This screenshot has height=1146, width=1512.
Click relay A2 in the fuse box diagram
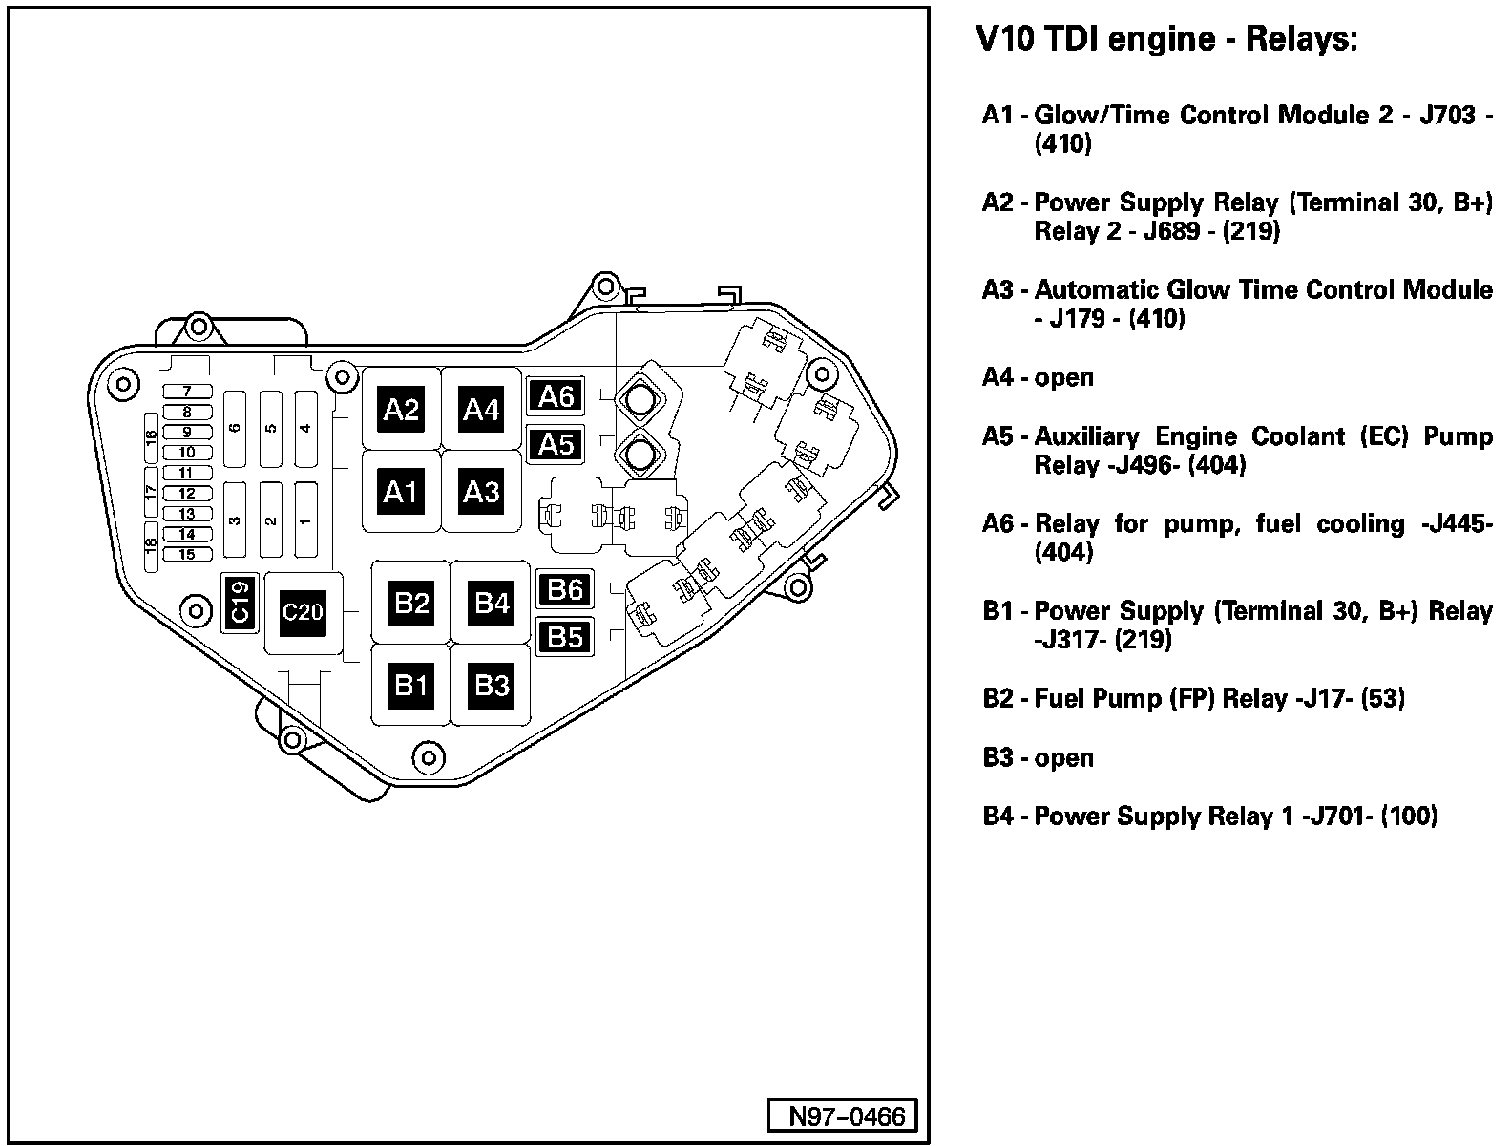tap(401, 410)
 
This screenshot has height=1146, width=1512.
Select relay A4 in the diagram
tap(481, 410)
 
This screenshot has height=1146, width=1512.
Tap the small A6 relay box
tap(556, 395)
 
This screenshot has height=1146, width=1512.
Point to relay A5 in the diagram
tap(556, 444)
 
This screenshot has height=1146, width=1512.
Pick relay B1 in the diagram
tap(411, 685)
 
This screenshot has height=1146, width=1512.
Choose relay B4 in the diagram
tap(493, 603)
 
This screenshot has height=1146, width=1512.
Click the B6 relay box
tap(565, 589)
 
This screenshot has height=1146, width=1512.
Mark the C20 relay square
tap(303, 612)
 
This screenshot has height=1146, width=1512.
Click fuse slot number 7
tap(187, 392)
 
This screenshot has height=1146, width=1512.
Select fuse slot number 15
tap(187, 555)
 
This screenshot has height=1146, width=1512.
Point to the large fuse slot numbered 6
tap(235, 429)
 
